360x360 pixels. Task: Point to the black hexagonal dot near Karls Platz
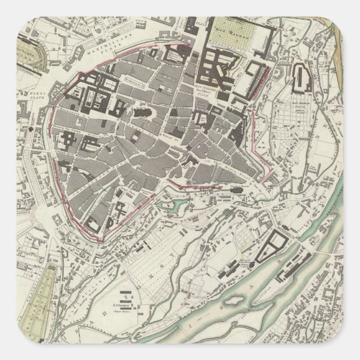pyautogui.click(x=26, y=128)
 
